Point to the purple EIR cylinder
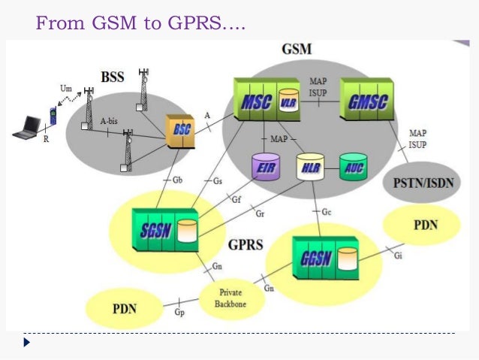(266, 167)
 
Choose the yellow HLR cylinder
(309, 167)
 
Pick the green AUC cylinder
(353, 166)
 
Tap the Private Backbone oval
(231, 298)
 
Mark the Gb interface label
(177, 180)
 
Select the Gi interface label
(397, 256)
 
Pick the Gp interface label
(179, 311)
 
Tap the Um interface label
(66, 88)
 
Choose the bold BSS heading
(113, 77)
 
